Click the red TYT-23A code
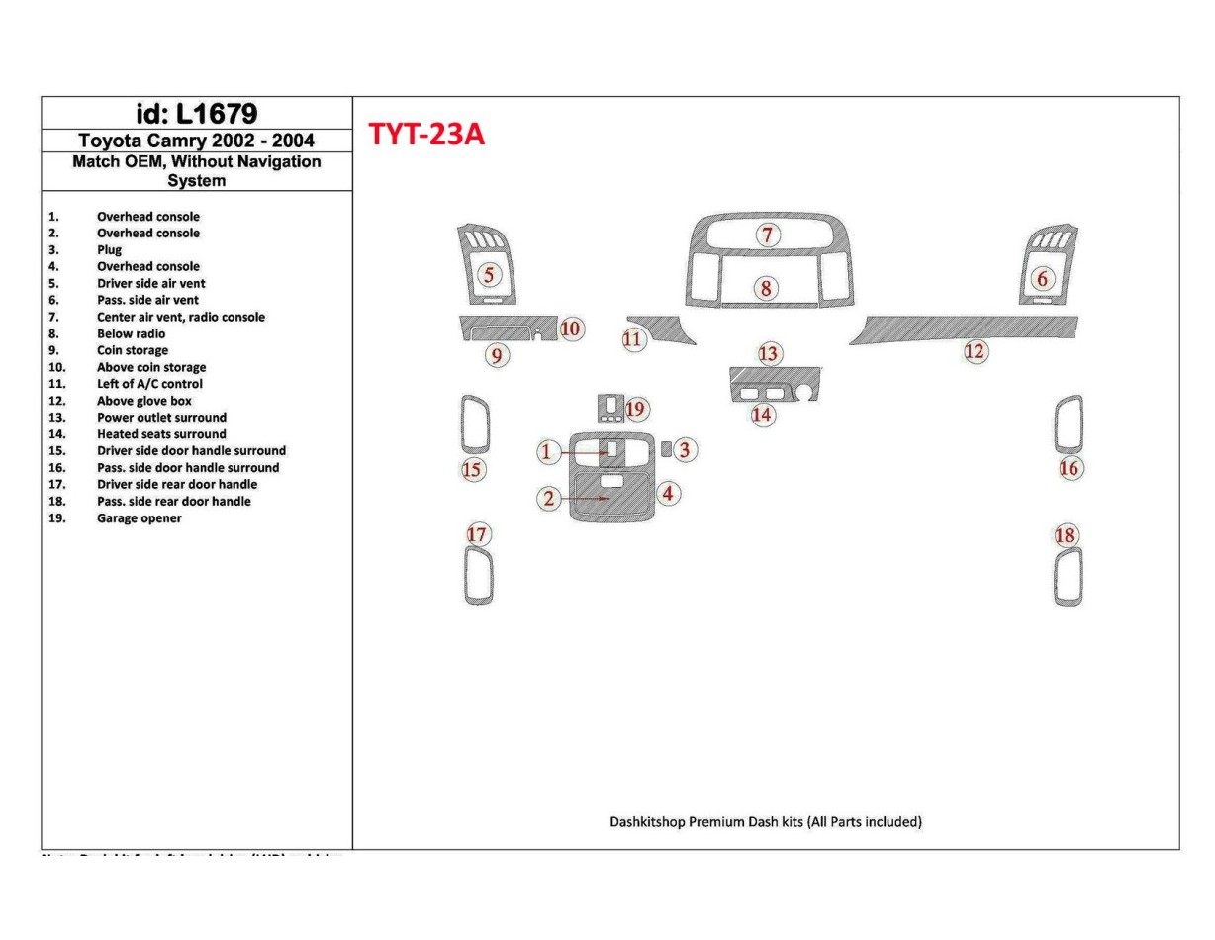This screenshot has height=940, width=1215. tap(426, 134)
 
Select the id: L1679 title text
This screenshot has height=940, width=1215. tap(196, 113)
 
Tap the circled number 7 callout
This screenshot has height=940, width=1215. tap(767, 235)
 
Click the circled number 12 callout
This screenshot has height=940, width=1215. tap(975, 351)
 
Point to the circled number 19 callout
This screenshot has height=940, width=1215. tap(635, 409)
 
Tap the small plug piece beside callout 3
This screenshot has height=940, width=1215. tap(667, 450)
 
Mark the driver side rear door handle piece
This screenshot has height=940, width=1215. tap(478, 575)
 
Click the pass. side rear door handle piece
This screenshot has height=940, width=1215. tap(1068, 576)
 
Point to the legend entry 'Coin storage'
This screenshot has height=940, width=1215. tap(132, 350)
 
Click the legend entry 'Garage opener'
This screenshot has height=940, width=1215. tap(139, 517)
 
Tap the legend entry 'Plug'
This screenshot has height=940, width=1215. tap(109, 250)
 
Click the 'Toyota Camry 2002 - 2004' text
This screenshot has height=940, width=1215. tap(196, 141)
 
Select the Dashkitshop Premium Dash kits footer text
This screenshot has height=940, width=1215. tap(766, 821)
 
